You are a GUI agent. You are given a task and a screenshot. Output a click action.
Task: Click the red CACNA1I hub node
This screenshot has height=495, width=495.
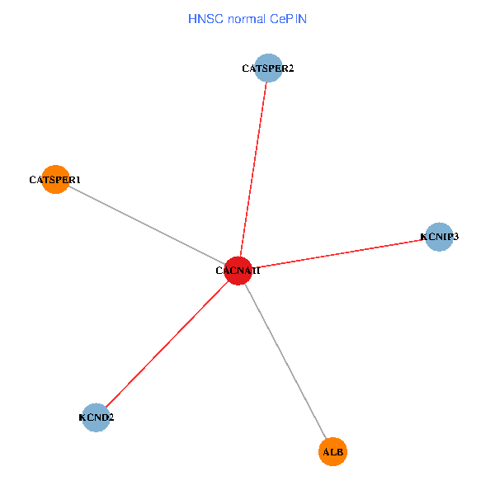[238, 271]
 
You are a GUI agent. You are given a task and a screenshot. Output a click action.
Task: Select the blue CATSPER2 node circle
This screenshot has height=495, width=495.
[268, 68]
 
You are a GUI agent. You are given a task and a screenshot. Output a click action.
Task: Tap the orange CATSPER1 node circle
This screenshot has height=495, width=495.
[55, 179]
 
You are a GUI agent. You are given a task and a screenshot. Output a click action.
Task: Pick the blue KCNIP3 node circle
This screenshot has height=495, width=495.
[439, 237]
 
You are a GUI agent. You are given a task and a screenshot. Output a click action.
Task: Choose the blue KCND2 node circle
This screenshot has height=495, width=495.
[97, 417]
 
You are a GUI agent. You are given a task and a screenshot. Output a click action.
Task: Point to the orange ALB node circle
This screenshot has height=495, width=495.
[332, 452]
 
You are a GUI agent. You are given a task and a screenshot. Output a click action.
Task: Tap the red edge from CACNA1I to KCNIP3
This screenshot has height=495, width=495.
[338, 253]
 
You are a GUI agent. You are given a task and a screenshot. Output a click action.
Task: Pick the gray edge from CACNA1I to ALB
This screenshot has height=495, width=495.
[285, 360]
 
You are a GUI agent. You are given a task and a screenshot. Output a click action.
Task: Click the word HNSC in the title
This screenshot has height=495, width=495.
[204, 18]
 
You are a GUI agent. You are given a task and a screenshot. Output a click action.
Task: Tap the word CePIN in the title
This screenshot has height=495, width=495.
[289, 18]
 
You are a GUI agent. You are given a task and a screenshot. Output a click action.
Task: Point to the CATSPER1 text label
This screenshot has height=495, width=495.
[54, 179]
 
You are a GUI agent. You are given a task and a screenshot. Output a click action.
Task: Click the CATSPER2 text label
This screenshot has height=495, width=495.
[268, 68]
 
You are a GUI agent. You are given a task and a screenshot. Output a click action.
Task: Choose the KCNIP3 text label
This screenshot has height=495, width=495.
[439, 237]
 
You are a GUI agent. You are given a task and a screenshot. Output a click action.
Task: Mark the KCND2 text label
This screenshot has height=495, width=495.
[97, 417]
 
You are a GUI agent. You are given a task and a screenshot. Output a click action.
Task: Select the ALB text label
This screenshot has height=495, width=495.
[332, 452]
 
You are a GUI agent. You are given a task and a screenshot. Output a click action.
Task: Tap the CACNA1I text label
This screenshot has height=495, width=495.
[238, 271]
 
